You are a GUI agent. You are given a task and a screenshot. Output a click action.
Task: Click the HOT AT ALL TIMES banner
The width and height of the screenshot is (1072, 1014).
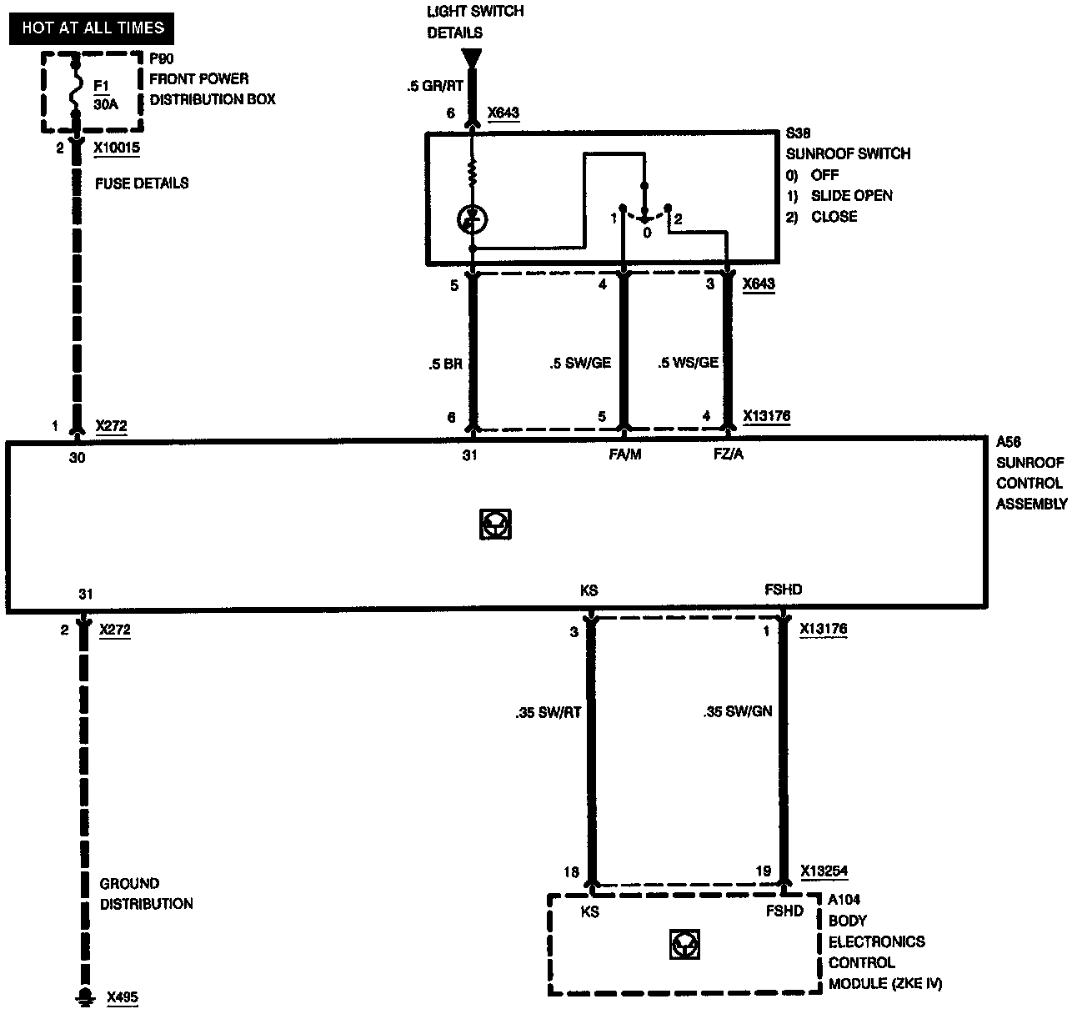93,28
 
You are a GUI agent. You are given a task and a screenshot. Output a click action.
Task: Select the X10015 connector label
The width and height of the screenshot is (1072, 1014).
117,148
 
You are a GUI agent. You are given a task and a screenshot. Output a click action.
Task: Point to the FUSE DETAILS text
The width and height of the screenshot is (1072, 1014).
142,183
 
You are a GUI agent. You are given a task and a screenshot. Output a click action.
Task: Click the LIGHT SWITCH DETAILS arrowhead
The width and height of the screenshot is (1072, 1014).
472,59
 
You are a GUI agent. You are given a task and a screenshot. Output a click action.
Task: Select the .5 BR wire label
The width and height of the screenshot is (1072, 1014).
445,364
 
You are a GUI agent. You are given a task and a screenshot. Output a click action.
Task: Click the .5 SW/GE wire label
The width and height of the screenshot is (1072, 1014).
580,364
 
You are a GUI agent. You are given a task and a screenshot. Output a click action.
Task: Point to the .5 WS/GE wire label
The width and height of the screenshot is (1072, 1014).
688,364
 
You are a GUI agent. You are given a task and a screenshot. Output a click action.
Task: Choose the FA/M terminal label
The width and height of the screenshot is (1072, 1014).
625,455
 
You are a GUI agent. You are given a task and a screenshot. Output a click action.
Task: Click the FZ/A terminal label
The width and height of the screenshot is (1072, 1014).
729,455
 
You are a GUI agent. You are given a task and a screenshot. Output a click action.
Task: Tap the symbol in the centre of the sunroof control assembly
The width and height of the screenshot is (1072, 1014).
496,524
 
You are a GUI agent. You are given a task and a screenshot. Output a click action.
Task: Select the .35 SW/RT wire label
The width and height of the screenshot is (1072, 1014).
548,712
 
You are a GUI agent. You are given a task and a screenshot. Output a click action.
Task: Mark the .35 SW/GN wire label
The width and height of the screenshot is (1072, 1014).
738,712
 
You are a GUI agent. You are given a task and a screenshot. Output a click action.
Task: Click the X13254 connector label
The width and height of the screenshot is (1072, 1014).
824,871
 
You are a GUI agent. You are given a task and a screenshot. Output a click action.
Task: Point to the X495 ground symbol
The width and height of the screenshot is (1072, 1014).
83,996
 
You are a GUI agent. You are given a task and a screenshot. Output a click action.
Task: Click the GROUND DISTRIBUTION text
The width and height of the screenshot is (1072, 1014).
146,894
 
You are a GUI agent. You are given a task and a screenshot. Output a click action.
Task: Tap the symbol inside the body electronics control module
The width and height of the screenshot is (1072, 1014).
684,945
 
